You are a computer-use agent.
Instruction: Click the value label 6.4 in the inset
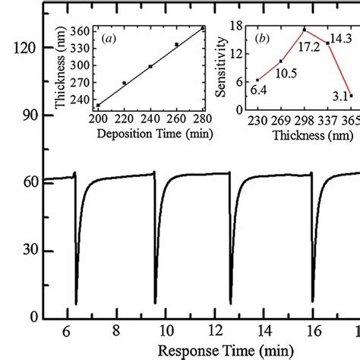point(258,90)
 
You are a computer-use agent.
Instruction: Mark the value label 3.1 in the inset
point(339,95)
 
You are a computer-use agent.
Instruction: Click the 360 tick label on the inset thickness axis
point(79,30)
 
